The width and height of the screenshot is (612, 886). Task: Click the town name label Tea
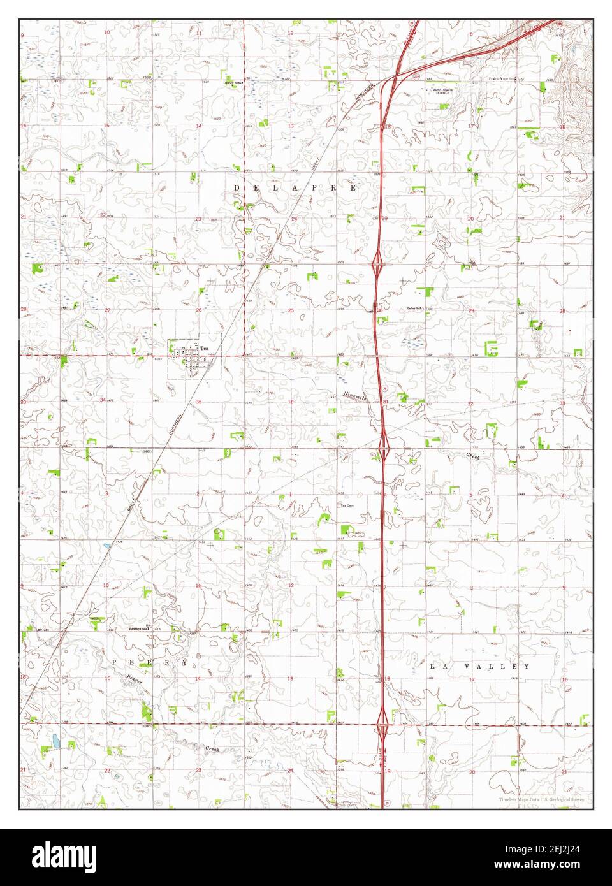(204, 348)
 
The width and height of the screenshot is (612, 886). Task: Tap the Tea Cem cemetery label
(346, 506)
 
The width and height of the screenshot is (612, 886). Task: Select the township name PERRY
(150, 662)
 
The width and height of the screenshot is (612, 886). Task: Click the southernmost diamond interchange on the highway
(382, 723)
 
